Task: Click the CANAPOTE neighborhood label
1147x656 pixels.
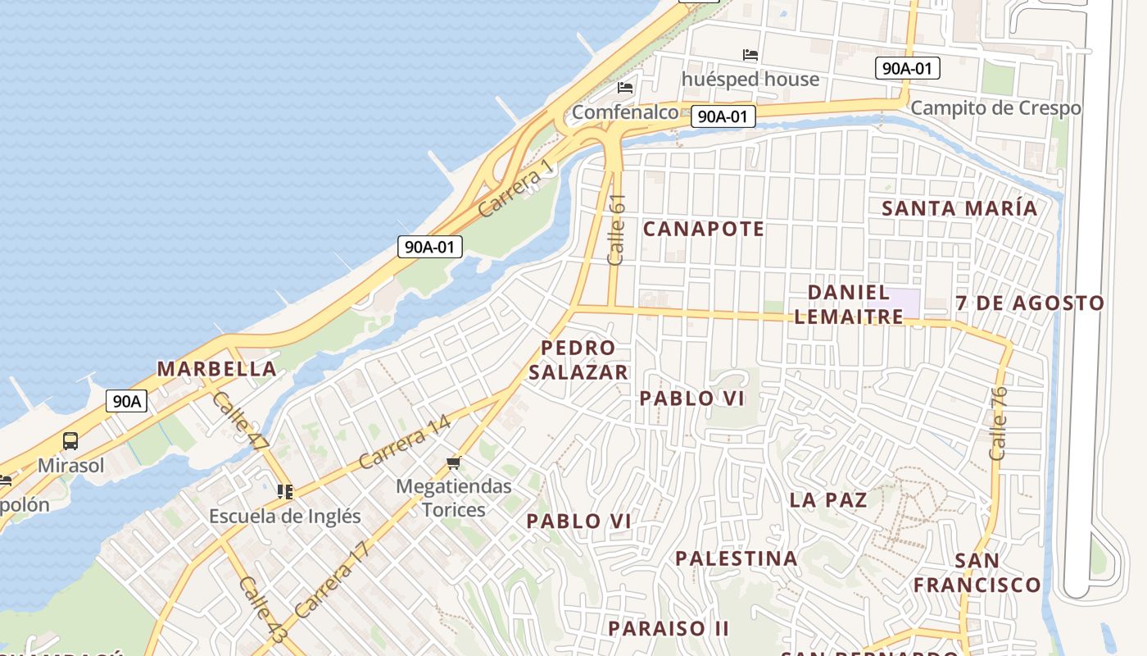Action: tap(703, 229)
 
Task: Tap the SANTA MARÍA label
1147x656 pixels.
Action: tap(959, 208)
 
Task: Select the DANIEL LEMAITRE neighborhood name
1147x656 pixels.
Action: tap(849, 304)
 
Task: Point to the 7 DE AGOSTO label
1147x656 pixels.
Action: tap(1030, 303)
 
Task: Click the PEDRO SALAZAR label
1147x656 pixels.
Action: tap(578, 360)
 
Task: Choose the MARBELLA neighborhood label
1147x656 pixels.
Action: tap(216, 368)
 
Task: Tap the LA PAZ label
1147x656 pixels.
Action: tap(828, 499)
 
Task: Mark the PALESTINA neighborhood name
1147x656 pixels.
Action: tap(736, 558)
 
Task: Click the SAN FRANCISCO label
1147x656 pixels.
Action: tap(977, 573)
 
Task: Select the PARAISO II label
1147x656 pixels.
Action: tap(669, 629)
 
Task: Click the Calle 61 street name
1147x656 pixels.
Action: tap(617, 230)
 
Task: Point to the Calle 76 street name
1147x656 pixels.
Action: tap(997, 423)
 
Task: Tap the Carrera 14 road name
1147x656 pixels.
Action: tap(404, 443)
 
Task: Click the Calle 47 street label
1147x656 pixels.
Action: tap(240, 421)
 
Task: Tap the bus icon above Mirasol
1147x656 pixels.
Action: tap(70, 441)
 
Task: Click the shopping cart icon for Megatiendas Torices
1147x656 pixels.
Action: tap(453, 463)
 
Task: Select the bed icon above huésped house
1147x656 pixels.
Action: tap(750, 56)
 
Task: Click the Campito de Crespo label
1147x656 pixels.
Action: tap(995, 108)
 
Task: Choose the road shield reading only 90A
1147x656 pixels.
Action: tap(127, 401)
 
